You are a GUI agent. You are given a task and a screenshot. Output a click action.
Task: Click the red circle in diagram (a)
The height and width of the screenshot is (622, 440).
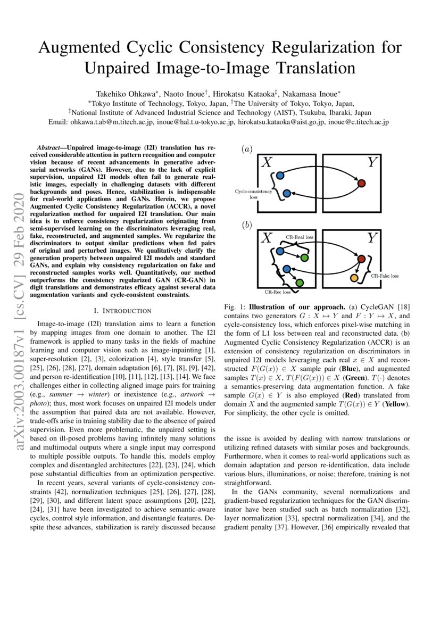point(361,184)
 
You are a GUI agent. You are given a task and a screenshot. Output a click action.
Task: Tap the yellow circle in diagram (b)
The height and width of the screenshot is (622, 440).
point(354,278)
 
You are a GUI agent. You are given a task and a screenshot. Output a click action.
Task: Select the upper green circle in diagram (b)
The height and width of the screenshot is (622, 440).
point(304,258)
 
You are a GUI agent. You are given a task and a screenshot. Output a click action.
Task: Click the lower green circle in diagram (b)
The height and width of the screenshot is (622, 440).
point(300,282)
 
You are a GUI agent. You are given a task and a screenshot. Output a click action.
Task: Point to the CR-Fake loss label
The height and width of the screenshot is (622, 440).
point(385,276)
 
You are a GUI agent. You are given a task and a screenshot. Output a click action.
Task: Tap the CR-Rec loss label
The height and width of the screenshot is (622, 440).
point(278,292)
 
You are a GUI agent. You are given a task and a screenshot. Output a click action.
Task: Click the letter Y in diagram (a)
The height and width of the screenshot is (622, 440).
point(373,163)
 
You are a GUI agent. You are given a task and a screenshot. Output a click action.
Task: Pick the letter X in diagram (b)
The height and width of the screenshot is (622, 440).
point(267,238)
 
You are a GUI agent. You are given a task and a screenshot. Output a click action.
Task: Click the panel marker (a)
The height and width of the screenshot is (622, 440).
point(247,150)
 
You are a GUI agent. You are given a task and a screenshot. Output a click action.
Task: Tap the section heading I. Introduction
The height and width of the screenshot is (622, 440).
point(122,310)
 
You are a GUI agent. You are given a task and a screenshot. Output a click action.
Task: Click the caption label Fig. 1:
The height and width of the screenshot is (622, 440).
point(238,307)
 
